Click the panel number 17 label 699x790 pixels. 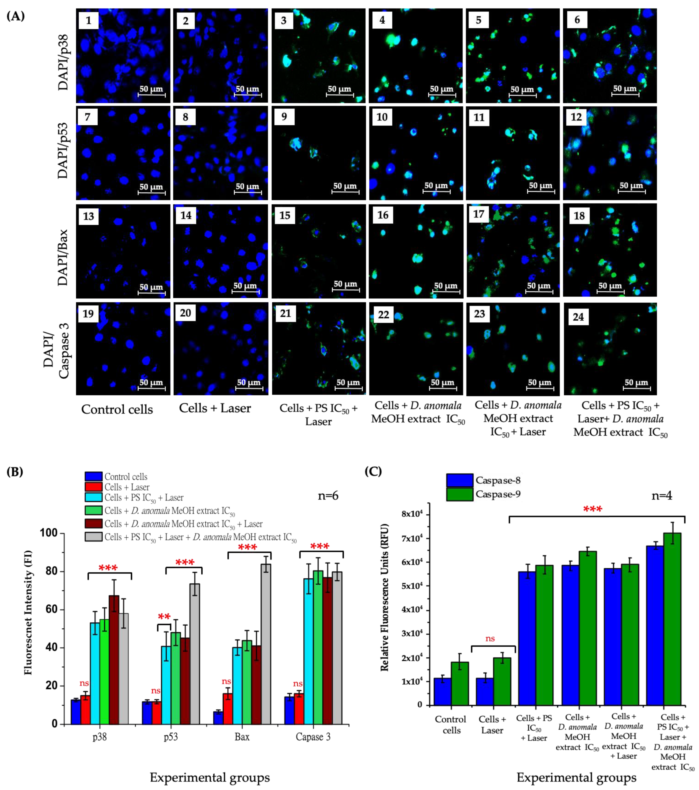[x=479, y=214]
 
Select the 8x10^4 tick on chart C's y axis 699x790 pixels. [x=412, y=514]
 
